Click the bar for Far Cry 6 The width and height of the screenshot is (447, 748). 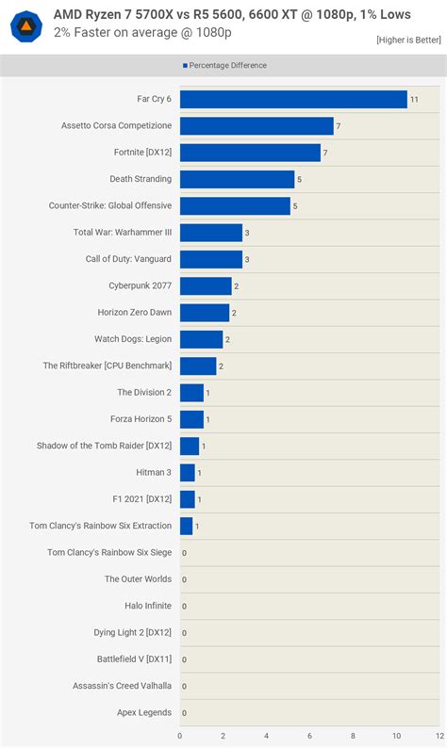click(x=293, y=99)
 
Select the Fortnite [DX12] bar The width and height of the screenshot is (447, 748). click(x=250, y=153)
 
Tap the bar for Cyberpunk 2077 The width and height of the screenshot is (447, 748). click(x=206, y=285)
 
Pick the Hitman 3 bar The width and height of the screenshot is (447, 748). click(x=188, y=472)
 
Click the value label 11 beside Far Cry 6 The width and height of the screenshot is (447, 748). click(x=414, y=99)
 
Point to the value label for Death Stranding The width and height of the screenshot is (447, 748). click(x=299, y=179)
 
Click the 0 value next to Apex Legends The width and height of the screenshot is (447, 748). click(x=184, y=713)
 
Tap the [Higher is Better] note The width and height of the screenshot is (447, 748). click(x=407, y=40)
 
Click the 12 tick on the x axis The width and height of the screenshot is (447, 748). click(x=439, y=736)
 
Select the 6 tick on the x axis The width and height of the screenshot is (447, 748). click(x=309, y=736)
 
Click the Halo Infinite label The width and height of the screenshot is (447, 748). click(x=148, y=606)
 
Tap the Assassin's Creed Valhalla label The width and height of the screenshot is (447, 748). click(x=122, y=686)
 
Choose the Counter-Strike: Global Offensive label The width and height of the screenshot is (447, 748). click(x=110, y=205)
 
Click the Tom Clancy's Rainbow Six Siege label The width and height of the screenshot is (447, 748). click(x=109, y=552)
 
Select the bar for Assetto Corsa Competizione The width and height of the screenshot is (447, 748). click(x=257, y=125)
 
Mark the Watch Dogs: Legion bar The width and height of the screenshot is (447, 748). click(x=202, y=339)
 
